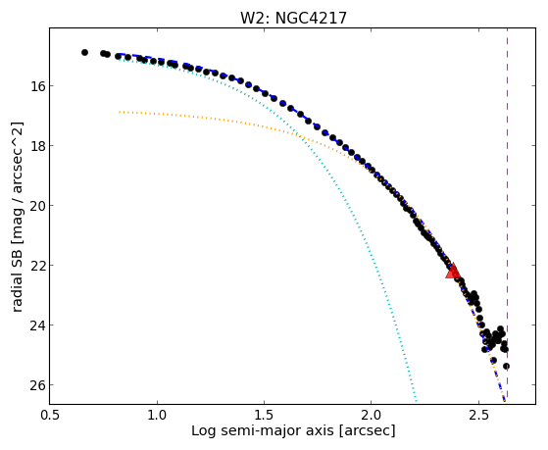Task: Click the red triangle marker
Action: coord(453,271)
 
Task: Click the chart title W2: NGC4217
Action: coord(293,19)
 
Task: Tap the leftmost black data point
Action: coord(84,52)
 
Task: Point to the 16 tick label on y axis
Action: coord(35,85)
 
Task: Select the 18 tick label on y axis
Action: coord(35,145)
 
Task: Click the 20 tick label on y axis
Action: coord(35,205)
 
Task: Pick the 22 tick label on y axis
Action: coord(35,265)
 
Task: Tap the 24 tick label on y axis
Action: coord(35,325)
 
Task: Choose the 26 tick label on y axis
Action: coord(35,385)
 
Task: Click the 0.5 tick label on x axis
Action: coord(50,415)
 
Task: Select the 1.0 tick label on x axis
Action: coord(157,415)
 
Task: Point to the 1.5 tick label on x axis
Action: coord(265,415)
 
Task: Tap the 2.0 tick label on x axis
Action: coord(372,415)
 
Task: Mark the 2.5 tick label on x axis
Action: coord(478,415)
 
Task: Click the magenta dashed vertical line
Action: coord(507,213)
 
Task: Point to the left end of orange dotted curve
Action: coord(120,112)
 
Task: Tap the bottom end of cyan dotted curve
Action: coord(416,401)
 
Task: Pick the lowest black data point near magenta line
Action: coord(506,366)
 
